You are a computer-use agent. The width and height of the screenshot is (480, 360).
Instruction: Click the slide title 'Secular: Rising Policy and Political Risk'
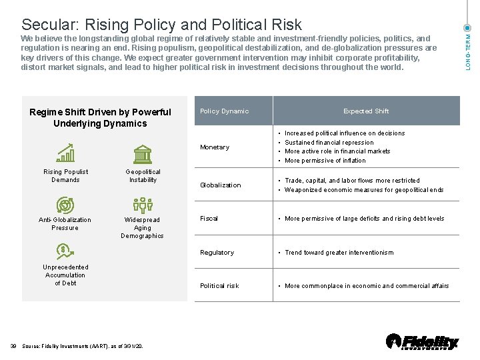point(161,25)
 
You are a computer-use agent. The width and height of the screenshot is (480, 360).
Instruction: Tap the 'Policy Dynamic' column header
point(224,111)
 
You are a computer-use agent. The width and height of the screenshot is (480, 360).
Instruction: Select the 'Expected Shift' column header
point(366,111)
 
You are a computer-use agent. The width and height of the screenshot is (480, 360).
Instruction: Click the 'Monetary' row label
point(215,147)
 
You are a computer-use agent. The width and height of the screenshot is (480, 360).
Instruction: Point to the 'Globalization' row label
point(221,185)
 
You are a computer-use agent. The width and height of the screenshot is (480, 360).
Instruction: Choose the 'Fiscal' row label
point(209,219)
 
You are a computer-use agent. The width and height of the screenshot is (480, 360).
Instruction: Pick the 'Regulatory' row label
point(217,253)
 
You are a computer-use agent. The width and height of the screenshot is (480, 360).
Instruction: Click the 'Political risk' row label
point(219,286)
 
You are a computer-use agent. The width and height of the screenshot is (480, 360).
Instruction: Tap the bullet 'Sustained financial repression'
point(329,142)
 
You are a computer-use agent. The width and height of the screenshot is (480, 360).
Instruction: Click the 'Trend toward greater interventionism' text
point(339,253)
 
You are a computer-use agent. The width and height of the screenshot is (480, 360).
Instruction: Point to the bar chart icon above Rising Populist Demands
point(65,154)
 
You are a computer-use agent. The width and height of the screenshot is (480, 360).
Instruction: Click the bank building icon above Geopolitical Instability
point(143,154)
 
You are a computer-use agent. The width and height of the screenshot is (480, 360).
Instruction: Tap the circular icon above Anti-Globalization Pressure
point(65,204)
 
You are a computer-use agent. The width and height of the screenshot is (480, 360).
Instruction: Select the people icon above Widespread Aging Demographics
point(143,204)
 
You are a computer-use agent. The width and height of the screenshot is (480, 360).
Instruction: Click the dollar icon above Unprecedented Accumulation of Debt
point(65,252)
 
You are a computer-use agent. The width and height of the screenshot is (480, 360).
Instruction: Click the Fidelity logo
point(423,341)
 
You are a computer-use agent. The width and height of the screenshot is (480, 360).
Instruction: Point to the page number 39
point(13,345)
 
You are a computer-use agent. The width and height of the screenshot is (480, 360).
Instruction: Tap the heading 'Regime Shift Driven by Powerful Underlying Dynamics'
point(100,117)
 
